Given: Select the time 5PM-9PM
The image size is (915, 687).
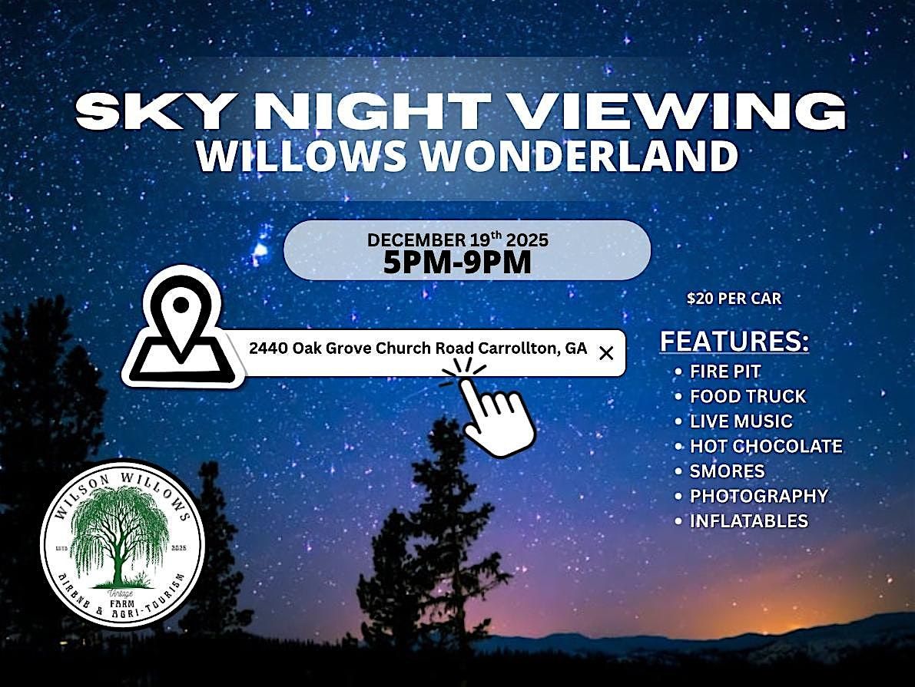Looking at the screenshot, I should click(x=457, y=263).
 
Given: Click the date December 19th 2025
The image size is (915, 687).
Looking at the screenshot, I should click(x=457, y=240).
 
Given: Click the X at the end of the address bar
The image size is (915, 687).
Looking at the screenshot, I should click(x=605, y=353).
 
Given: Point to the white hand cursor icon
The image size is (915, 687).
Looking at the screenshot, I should click(x=492, y=411).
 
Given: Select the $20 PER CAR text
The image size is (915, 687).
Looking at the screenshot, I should click(x=734, y=299).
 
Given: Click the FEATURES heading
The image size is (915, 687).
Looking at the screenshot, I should click(x=734, y=342).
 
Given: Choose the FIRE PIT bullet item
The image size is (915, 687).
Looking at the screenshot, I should click(x=724, y=372).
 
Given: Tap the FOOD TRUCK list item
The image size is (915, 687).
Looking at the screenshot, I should click(x=748, y=396).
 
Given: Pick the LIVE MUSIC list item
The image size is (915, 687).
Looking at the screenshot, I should click(x=741, y=421).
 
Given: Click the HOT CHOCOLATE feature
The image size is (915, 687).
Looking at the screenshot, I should click(x=766, y=446).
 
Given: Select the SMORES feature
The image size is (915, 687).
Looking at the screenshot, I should click(x=727, y=471).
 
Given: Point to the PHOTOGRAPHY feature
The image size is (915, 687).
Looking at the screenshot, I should click(x=758, y=496).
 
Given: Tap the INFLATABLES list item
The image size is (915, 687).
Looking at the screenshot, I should click(x=748, y=520).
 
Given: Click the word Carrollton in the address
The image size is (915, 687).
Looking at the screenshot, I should click(x=517, y=348).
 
